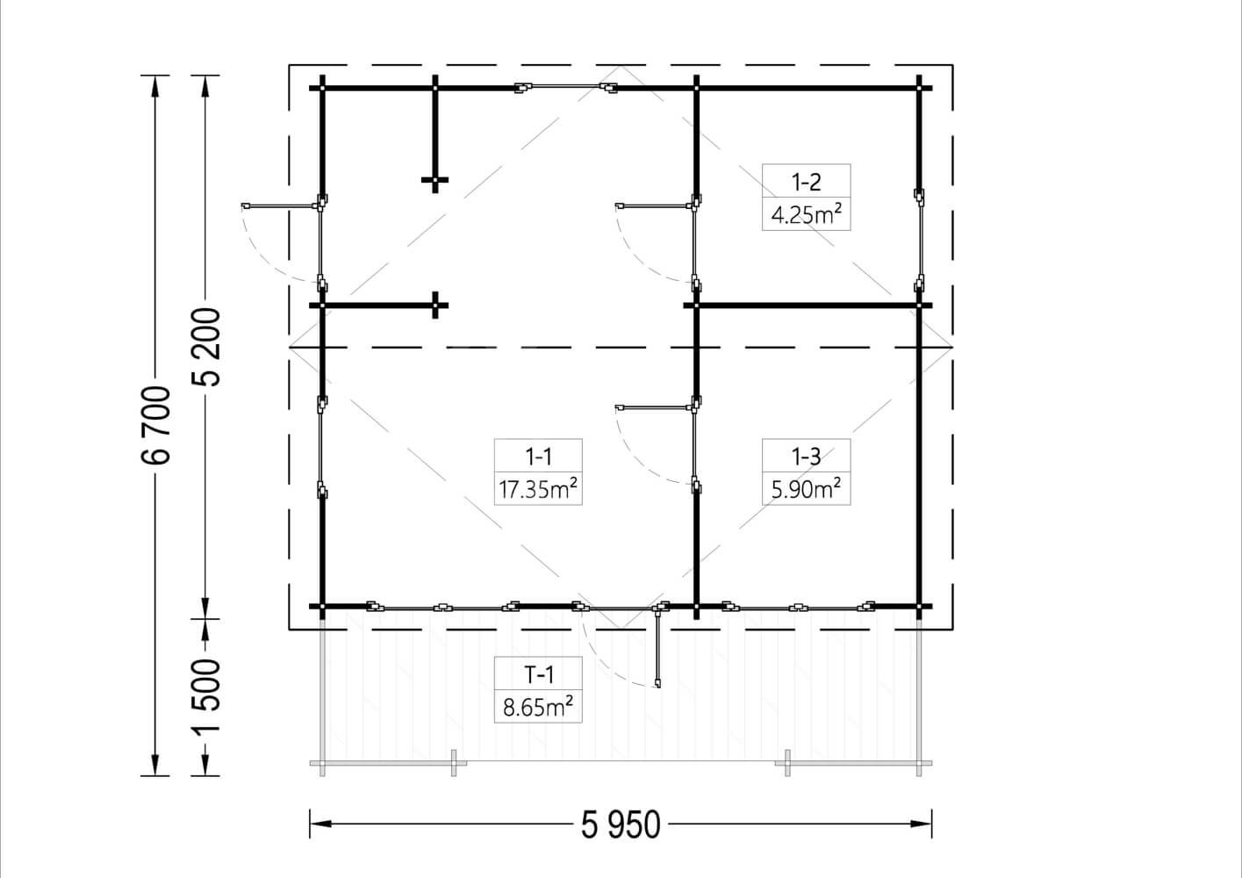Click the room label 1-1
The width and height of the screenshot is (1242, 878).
pyautogui.click(x=538, y=457)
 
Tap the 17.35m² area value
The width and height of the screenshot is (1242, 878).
pyautogui.click(x=538, y=489)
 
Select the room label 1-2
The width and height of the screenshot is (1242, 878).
pyautogui.click(x=806, y=182)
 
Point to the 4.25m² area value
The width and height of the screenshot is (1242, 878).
pyautogui.click(x=806, y=214)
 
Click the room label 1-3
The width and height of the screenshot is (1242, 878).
pyautogui.click(x=806, y=457)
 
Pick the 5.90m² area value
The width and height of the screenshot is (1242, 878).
pyautogui.click(x=806, y=489)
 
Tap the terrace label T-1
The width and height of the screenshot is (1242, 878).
pyautogui.click(x=538, y=674)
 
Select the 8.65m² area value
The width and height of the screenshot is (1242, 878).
pyautogui.click(x=538, y=707)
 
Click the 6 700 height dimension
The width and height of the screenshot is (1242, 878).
pyautogui.click(x=155, y=426)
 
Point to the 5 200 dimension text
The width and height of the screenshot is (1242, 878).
pyautogui.click(x=206, y=347)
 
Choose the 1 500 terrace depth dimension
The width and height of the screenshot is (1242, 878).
pyautogui.click(x=206, y=697)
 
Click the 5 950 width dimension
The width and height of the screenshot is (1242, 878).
pyautogui.click(x=621, y=824)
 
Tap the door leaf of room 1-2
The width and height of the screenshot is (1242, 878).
pyautogui.click(x=654, y=206)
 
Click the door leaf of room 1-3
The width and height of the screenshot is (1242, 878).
pyautogui.click(x=654, y=408)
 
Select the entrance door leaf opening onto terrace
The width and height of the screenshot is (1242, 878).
pyautogui.click(x=657, y=647)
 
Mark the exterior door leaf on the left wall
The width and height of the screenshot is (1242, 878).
pyautogui.click(x=280, y=206)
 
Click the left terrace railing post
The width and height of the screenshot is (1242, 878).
pyautogui.click(x=454, y=763)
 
